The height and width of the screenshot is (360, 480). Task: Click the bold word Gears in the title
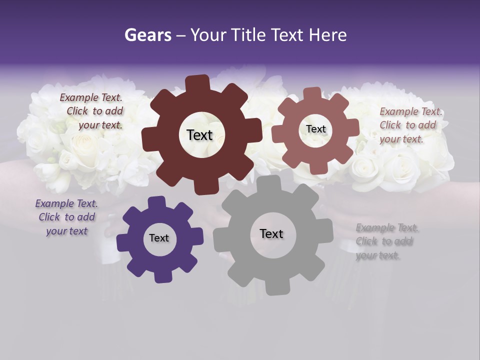pos(147,35)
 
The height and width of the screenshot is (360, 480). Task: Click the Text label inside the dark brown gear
pos(199,135)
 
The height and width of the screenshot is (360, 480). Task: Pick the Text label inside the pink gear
pos(315,129)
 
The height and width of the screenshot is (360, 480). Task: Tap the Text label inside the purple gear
pos(159,238)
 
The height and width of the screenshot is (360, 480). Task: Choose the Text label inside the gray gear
pos(271,234)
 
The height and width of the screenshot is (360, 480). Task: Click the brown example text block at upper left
pos(92,111)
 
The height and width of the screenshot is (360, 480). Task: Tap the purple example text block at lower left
pos(66,217)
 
